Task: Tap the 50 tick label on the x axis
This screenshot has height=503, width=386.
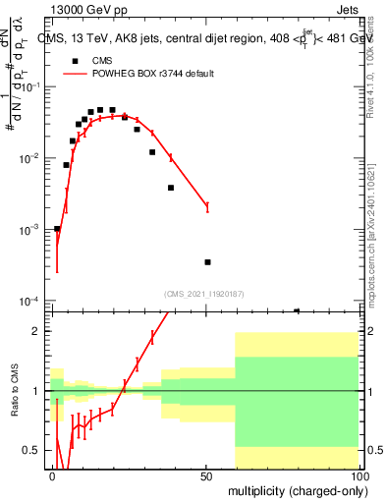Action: coord(206,475)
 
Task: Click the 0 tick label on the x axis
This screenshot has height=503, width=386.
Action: coord(53,475)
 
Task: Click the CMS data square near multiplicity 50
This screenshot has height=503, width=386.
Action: coord(207,262)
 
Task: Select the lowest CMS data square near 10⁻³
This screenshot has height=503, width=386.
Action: coord(57,228)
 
